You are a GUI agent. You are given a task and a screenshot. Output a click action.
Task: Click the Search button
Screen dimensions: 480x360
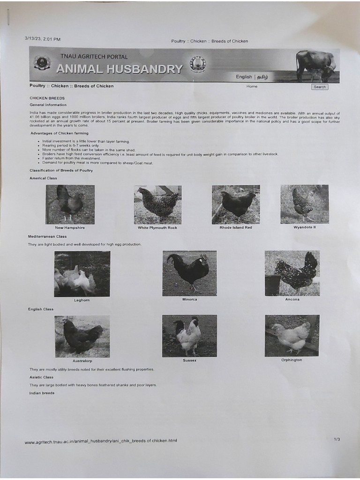coord(320,87)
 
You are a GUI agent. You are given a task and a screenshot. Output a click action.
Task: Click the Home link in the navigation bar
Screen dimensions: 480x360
coord(252,86)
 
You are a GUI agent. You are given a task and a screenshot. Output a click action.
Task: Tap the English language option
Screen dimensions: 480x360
coord(244,77)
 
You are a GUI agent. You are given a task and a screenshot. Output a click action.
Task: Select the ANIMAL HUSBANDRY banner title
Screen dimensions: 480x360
coord(119,69)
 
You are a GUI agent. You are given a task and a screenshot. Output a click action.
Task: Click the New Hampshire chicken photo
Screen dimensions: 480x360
coord(70,204)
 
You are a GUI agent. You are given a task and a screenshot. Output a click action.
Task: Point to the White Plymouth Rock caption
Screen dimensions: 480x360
coord(157,228)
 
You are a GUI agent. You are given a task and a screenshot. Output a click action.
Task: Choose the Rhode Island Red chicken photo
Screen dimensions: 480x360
coord(236,204)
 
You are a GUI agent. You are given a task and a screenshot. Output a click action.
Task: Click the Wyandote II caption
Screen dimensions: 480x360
coord(305,227)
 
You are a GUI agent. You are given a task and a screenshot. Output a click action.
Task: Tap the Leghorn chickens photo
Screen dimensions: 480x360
coord(82,274)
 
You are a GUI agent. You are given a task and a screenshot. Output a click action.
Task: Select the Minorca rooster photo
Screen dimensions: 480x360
coord(189,273)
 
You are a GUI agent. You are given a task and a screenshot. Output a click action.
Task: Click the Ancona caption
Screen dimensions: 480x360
coord(292,299)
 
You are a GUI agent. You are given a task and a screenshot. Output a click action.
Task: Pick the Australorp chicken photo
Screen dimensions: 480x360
coord(82,336)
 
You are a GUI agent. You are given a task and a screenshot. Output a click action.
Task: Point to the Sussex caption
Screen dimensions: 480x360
coord(189,360)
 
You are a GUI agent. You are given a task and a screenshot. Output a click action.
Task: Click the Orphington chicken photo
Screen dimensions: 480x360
coord(292,336)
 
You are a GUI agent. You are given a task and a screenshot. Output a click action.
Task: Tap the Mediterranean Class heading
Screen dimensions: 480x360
coord(47,237)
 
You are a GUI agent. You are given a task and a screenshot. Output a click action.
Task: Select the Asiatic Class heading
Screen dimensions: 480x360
coord(41,377)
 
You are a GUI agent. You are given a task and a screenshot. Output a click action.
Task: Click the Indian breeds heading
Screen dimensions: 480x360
coord(42,393)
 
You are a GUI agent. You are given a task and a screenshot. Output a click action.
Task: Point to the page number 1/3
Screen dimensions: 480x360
coord(337,439)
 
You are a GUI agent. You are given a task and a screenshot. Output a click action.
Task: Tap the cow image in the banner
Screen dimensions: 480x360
coord(316,66)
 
